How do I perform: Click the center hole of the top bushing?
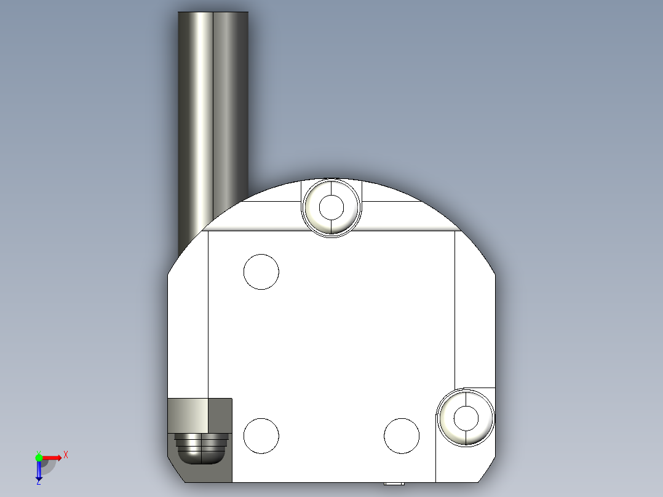(x=332, y=207)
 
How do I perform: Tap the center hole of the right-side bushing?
(x=466, y=418)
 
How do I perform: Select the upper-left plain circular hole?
(x=261, y=271)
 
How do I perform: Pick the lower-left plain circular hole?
(x=261, y=435)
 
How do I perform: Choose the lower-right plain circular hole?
(x=402, y=435)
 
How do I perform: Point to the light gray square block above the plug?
(x=188, y=415)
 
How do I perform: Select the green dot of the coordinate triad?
(x=39, y=457)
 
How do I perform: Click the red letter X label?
(x=66, y=455)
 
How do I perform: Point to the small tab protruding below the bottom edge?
(x=394, y=483)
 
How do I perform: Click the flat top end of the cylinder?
(x=213, y=12)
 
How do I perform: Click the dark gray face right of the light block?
(x=221, y=415)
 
